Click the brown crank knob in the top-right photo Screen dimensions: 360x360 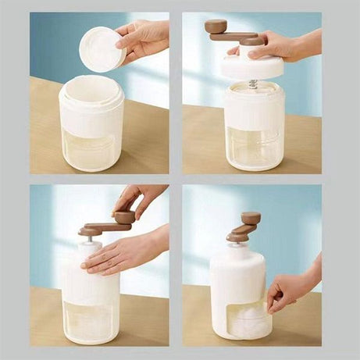pyautogui.click(x=216, y=26)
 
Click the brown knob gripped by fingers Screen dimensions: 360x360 pyautogui.click(x=124, y=217)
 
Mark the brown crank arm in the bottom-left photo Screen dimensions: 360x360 pyautogui.click(x=99, y=229)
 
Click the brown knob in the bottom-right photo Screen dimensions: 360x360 pyautogui.click(x=251, y=219)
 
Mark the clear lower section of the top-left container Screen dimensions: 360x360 pyautogui.click(x=91, y=148)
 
